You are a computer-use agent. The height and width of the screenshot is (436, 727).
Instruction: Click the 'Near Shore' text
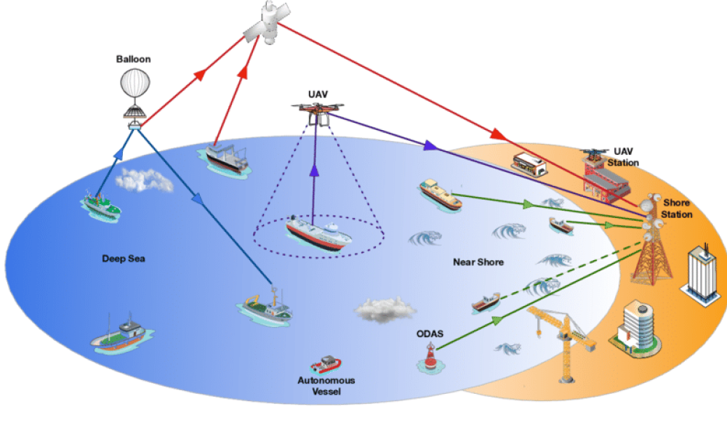click(x=478, y=262)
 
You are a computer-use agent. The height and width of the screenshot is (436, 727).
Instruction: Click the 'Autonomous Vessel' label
click(x=326, y=386)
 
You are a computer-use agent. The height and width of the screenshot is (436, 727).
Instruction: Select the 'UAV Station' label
click(x=622, y=158)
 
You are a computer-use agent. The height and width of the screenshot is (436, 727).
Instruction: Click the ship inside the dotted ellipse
click(x=318, y=233)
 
